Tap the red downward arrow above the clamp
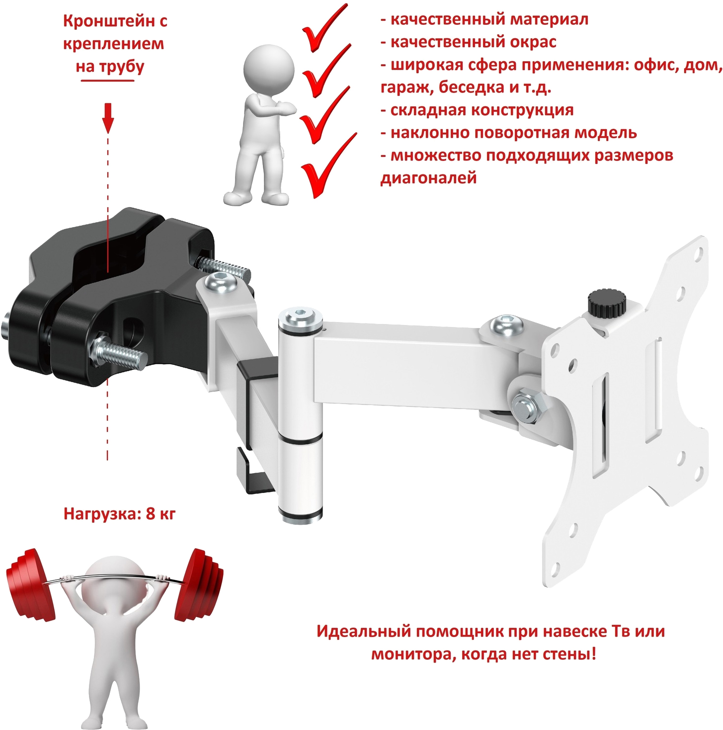click(x=108, y=118)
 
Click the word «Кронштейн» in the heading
click(x=106, y=21)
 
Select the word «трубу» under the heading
click(x=122, y=67)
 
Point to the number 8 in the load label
click(x=151, y=514)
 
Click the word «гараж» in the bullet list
click(x=405, y=88)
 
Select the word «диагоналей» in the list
click(x=428, y=178)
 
